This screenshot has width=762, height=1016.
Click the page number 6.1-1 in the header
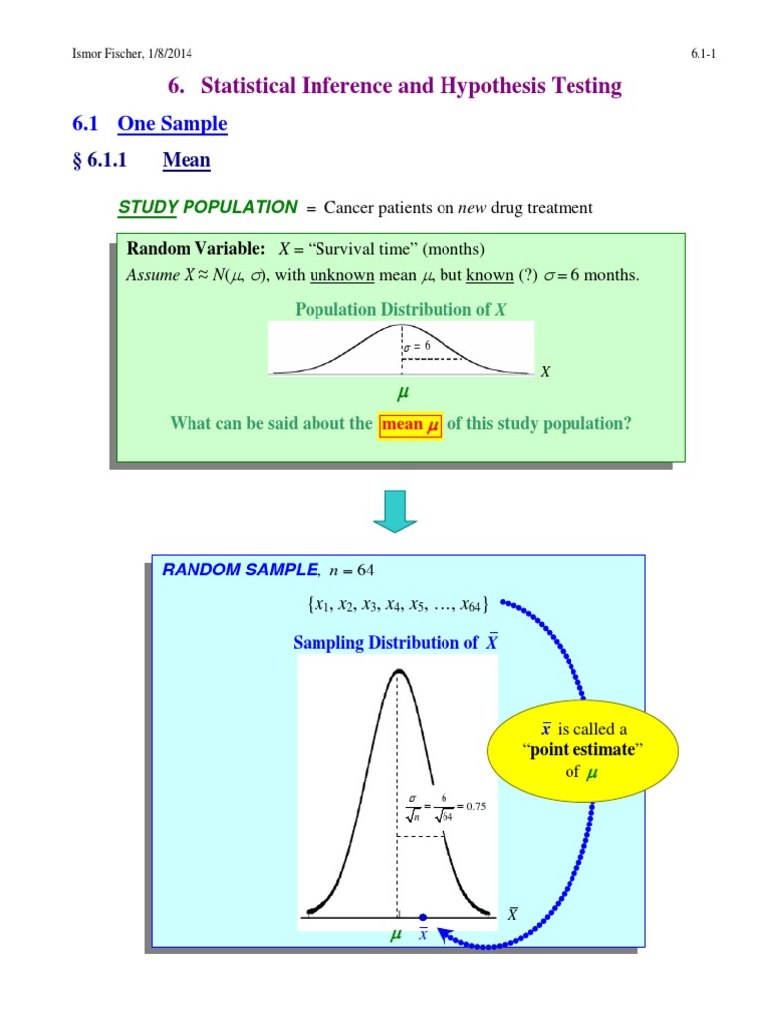[x=702, y=54]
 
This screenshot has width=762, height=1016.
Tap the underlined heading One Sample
[x=173, y=124]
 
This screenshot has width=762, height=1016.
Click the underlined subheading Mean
[x=187, y=160]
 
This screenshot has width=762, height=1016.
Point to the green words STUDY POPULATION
[x=207, y=207]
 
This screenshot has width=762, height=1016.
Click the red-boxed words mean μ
[x=409, y=424]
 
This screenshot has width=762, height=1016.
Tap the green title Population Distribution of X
[x=401, y=310]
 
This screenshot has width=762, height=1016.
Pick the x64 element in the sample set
[x=471, y=605]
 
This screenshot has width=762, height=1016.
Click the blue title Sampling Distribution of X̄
[x=395, y=642]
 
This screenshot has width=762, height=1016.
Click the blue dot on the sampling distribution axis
[x=423, y=918]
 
